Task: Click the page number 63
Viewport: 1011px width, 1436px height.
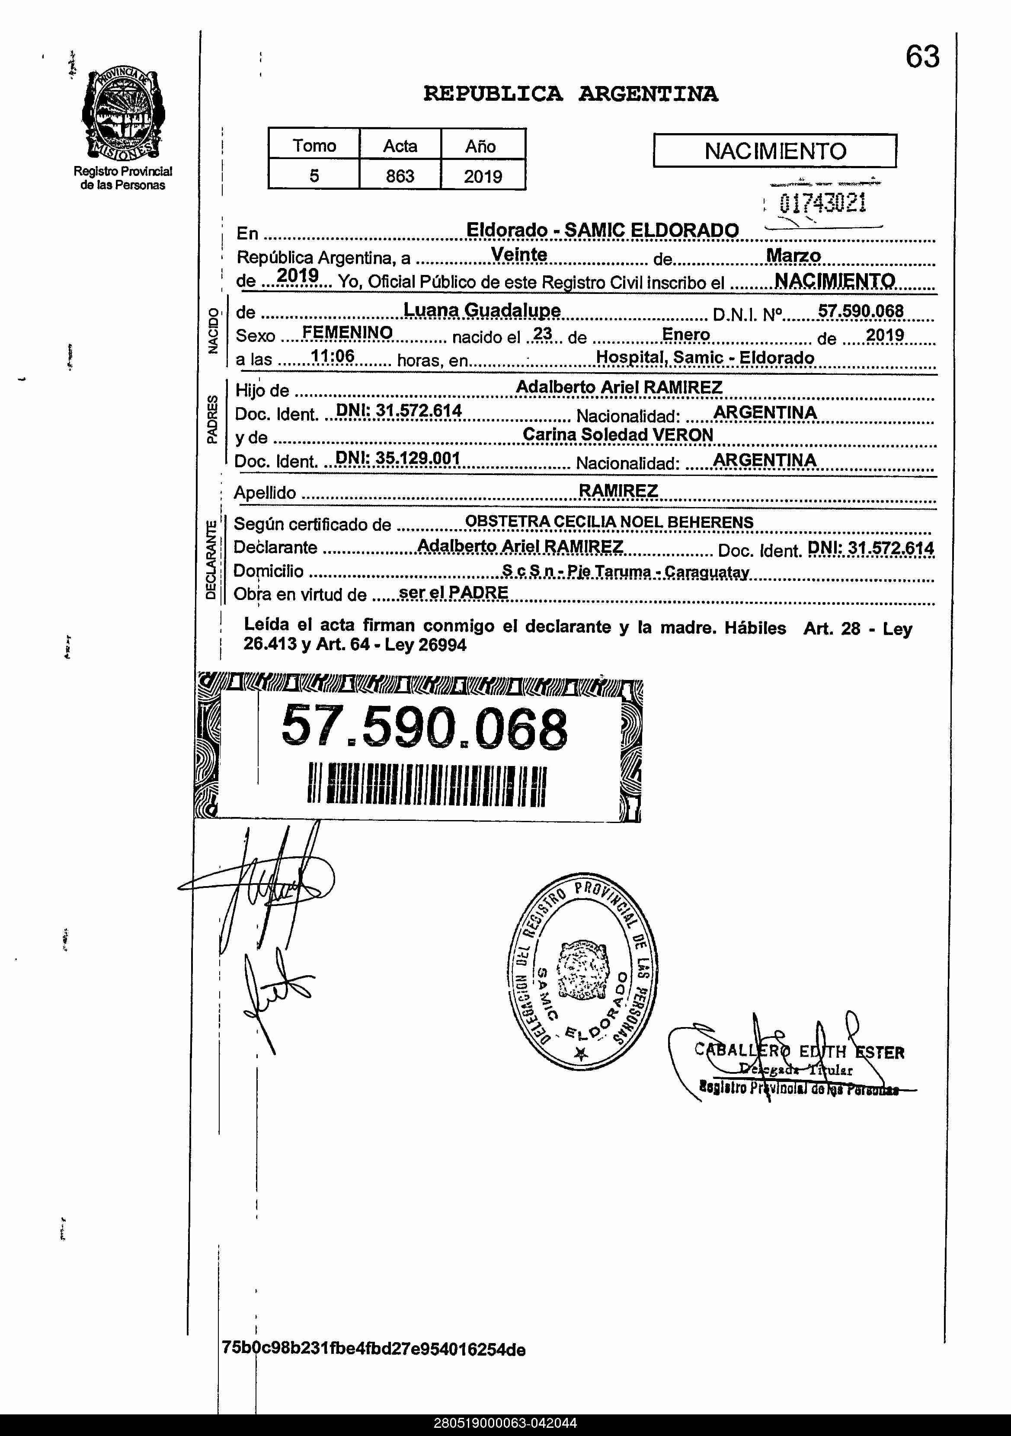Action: pos(922,57)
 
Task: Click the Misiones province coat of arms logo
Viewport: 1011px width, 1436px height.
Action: pos(123,114)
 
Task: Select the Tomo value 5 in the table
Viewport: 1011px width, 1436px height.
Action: pos(314,176)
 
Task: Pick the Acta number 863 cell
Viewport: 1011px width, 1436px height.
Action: pos(400,176)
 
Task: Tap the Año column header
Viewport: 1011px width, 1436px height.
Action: pos(480,146)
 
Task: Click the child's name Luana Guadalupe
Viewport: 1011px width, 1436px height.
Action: pos(482,310)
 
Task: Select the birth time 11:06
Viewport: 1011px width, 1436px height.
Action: pos(333,357)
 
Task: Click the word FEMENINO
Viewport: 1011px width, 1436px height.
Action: pos(347,333)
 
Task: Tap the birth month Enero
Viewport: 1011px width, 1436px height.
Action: pos(686,335)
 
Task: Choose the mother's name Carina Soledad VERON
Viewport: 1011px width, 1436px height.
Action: pos(617,435)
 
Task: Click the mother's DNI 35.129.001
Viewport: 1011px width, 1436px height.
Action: pos(398,459)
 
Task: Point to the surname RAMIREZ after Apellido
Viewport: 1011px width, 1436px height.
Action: pos(617,491)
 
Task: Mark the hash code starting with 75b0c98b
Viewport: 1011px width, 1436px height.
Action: pos(374,1349)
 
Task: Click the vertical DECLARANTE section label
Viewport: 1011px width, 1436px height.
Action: pos(211,560)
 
